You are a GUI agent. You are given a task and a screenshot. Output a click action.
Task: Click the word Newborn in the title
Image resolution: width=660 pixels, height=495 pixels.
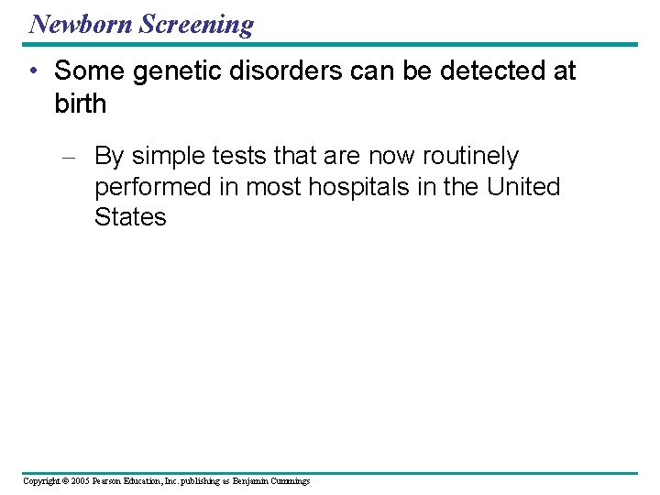pos(80,23)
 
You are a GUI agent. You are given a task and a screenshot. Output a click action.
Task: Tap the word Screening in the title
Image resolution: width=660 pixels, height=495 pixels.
pos(195,24)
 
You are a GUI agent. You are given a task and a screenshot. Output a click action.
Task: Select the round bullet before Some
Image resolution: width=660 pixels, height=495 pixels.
pos(33,71)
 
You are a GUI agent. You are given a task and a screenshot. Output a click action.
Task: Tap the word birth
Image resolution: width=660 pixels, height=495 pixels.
pos(81,104)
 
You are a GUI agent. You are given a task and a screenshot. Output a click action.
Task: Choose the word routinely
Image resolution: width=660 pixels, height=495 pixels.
pos(469,157)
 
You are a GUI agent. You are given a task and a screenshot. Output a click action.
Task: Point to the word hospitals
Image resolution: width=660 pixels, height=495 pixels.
pos(353,187)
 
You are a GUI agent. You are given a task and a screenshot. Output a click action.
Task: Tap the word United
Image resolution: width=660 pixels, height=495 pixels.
pos(523,187)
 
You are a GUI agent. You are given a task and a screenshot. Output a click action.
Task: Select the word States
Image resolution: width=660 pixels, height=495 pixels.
pos(130,217)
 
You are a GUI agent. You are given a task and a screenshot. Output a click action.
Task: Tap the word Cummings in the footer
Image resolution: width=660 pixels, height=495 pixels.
pos(288,480)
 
